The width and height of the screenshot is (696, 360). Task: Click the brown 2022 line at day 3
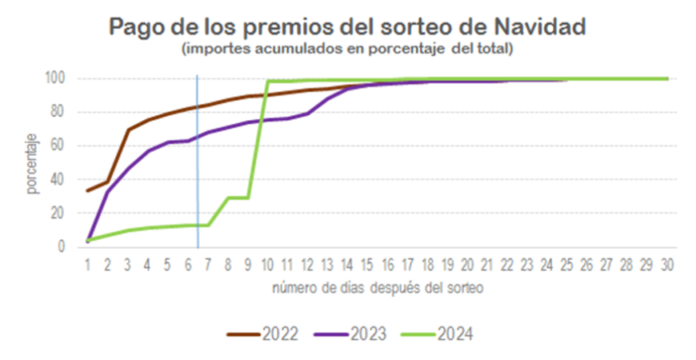(x=128, y=130)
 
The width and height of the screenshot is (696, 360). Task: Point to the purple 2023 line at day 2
(x=108, y=190)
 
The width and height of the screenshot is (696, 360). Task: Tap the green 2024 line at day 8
(x=228, y=198)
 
